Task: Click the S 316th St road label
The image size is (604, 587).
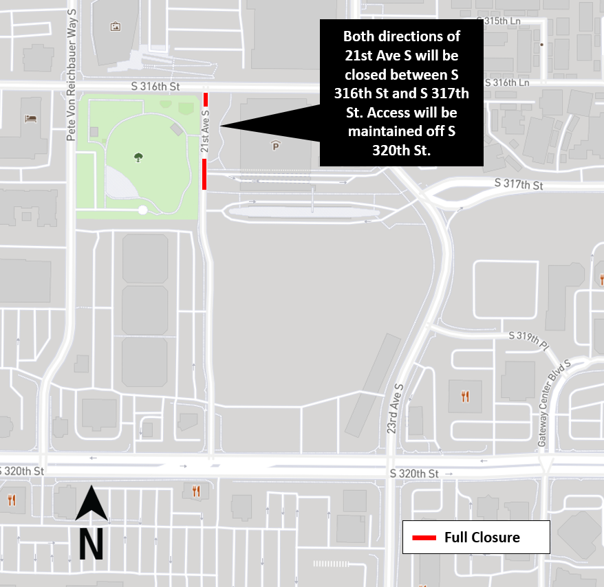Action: (x=155, y=87)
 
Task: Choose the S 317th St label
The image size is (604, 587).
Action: (x=519, y=186)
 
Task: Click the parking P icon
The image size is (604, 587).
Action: (x=276, y=146)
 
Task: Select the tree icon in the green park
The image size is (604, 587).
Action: (x=139, y=157)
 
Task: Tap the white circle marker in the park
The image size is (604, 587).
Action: (x=142, y=210)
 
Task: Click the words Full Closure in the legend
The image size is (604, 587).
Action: (x=482, y=538)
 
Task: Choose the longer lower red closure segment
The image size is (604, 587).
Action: (x=204, y=174)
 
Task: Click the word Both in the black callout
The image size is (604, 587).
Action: (x=360, y=36)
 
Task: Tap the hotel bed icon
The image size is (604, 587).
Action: (x=30, y=118)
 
